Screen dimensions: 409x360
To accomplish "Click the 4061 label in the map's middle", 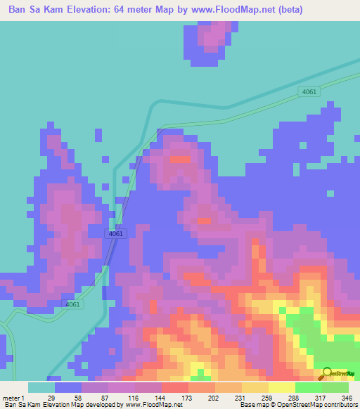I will coord(116,233).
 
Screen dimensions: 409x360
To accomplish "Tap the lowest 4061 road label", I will coord(73,304).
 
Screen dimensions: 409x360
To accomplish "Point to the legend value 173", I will coord(188,397).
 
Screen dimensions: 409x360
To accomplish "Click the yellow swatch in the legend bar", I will coord(281,387).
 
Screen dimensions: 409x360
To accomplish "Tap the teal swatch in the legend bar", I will coord(41,387).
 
